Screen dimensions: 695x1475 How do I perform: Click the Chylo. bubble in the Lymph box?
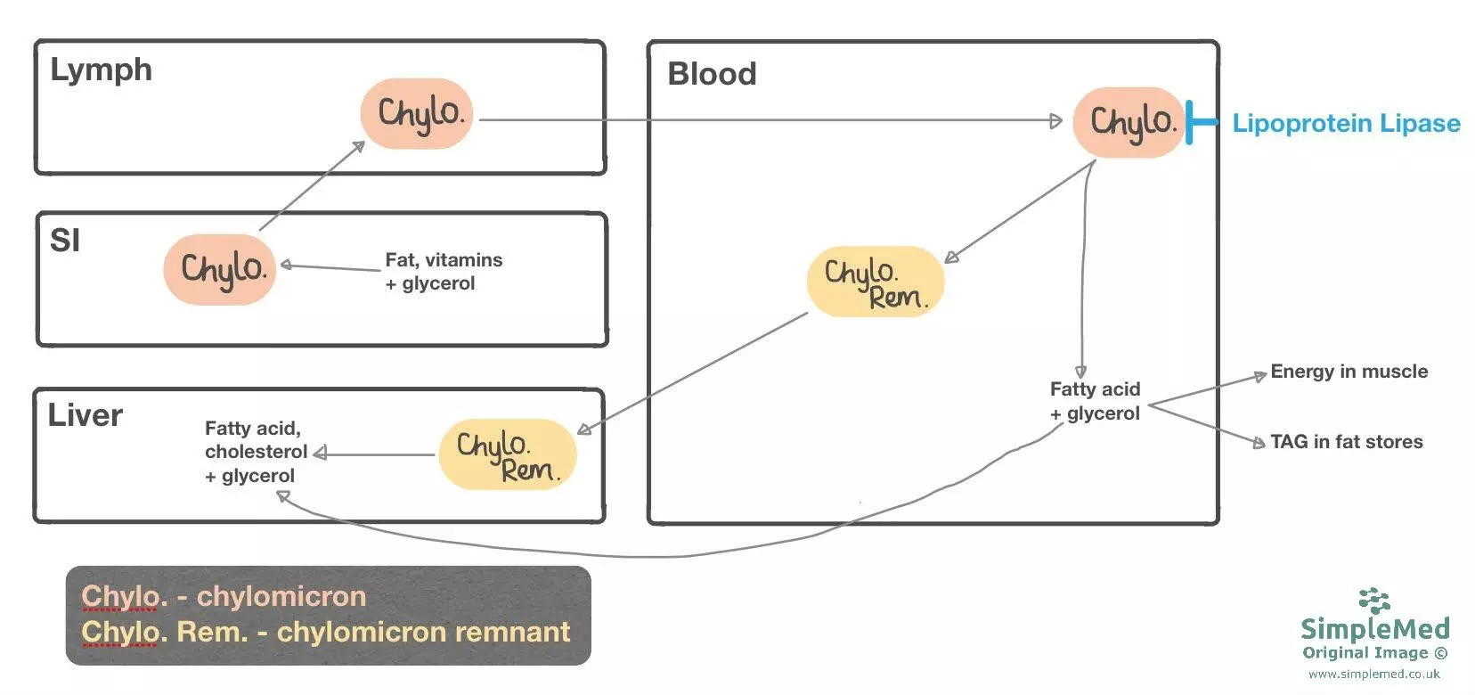click(416, 114)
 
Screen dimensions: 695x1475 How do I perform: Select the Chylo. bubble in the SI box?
click(220, 269)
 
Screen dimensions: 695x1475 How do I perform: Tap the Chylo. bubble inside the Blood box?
click(1129, 123)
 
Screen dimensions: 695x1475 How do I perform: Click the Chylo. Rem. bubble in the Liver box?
click(508, 454)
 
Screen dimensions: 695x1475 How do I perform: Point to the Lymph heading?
click(101, 69)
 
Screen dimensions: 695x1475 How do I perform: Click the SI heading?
click(65, 240)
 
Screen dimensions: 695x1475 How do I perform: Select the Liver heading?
click(85, 415)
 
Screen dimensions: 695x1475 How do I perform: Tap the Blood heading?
click(712, 74)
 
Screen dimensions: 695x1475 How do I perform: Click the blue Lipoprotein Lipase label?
click(1345, 123)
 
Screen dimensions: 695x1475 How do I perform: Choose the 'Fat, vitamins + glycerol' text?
click(443, 271)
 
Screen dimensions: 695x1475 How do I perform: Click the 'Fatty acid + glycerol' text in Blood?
click(1095, 401)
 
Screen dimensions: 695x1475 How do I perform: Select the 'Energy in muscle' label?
click(1349, 371)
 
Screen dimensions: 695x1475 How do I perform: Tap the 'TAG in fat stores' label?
click(1346, 441)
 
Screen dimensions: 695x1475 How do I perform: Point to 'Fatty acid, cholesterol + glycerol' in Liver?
click(255, 452)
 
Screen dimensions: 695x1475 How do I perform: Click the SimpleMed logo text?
click(1374, 628)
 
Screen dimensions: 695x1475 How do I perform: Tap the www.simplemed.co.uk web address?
click(1373, 675)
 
